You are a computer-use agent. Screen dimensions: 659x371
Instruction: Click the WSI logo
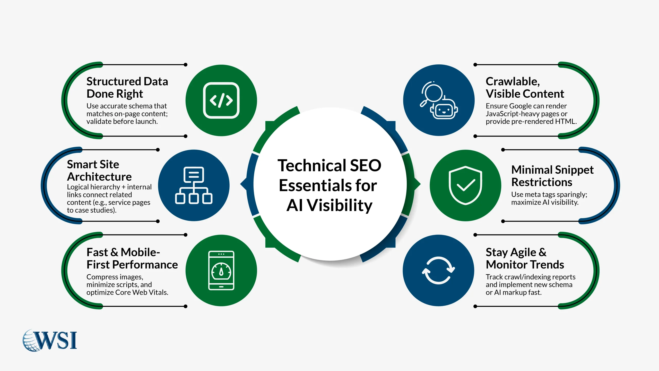[50, 340]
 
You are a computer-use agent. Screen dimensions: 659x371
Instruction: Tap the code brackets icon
[221, 100]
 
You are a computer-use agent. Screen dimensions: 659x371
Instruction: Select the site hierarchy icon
[194, 185]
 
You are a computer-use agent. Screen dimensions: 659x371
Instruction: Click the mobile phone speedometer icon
[221, 270]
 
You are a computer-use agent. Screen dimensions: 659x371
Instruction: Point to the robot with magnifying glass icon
[439, 100]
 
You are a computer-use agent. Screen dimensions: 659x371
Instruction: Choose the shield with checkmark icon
[465, 185]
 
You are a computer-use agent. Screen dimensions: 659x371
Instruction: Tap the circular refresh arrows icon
[438, 270]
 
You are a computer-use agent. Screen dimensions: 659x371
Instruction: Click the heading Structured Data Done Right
[127, 87]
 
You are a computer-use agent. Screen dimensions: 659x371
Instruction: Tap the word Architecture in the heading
[99, 177]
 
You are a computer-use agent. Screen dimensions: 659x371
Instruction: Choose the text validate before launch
[122, 121]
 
